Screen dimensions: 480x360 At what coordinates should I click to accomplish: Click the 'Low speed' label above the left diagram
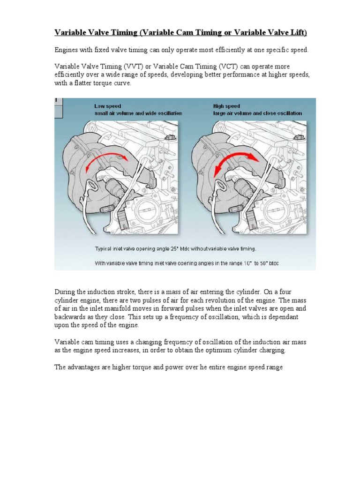coord(107,106)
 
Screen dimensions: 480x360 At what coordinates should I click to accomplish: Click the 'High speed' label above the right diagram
coord(226,106)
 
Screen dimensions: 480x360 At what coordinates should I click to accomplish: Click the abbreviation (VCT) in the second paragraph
coord(242,67)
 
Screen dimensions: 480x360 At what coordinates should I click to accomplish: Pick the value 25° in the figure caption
coord(177,248)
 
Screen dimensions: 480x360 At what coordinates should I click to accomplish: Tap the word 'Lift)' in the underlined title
coord(296,32)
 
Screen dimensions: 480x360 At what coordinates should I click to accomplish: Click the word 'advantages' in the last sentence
coord(85,367)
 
